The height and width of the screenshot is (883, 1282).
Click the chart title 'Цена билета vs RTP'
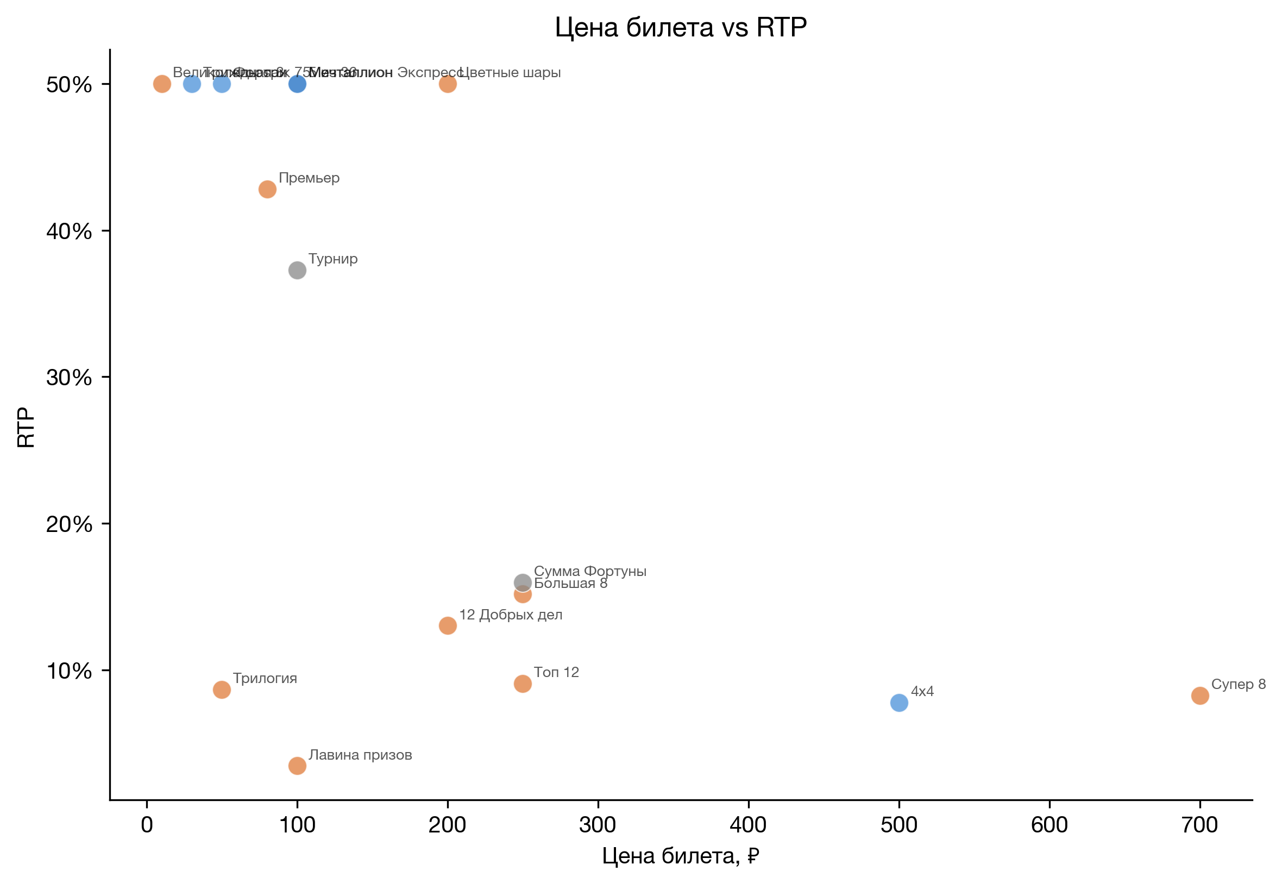681,27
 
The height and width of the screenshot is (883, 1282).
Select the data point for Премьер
267,189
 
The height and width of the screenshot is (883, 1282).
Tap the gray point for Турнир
297,271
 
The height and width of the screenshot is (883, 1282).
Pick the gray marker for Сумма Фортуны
523,583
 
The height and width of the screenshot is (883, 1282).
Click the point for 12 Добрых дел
448,626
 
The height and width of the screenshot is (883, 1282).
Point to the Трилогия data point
222,690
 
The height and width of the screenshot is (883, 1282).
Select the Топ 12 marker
523,684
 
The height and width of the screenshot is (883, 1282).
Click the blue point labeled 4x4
898,703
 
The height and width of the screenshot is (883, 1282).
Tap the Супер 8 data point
1199,696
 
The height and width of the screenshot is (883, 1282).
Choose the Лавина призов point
297,766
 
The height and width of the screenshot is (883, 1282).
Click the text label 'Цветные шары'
510,72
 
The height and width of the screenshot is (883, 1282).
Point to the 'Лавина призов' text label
360,755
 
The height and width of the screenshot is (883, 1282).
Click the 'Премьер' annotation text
309,178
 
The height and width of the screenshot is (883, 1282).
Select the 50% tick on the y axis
69,85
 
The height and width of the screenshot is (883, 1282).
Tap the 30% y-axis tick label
69,378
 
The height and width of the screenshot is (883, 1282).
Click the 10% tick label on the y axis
69,671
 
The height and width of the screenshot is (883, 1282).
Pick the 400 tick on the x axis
749,825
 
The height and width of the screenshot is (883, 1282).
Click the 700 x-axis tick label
1199,825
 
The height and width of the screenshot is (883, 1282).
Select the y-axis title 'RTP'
26,427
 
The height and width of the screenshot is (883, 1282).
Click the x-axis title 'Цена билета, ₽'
681,856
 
